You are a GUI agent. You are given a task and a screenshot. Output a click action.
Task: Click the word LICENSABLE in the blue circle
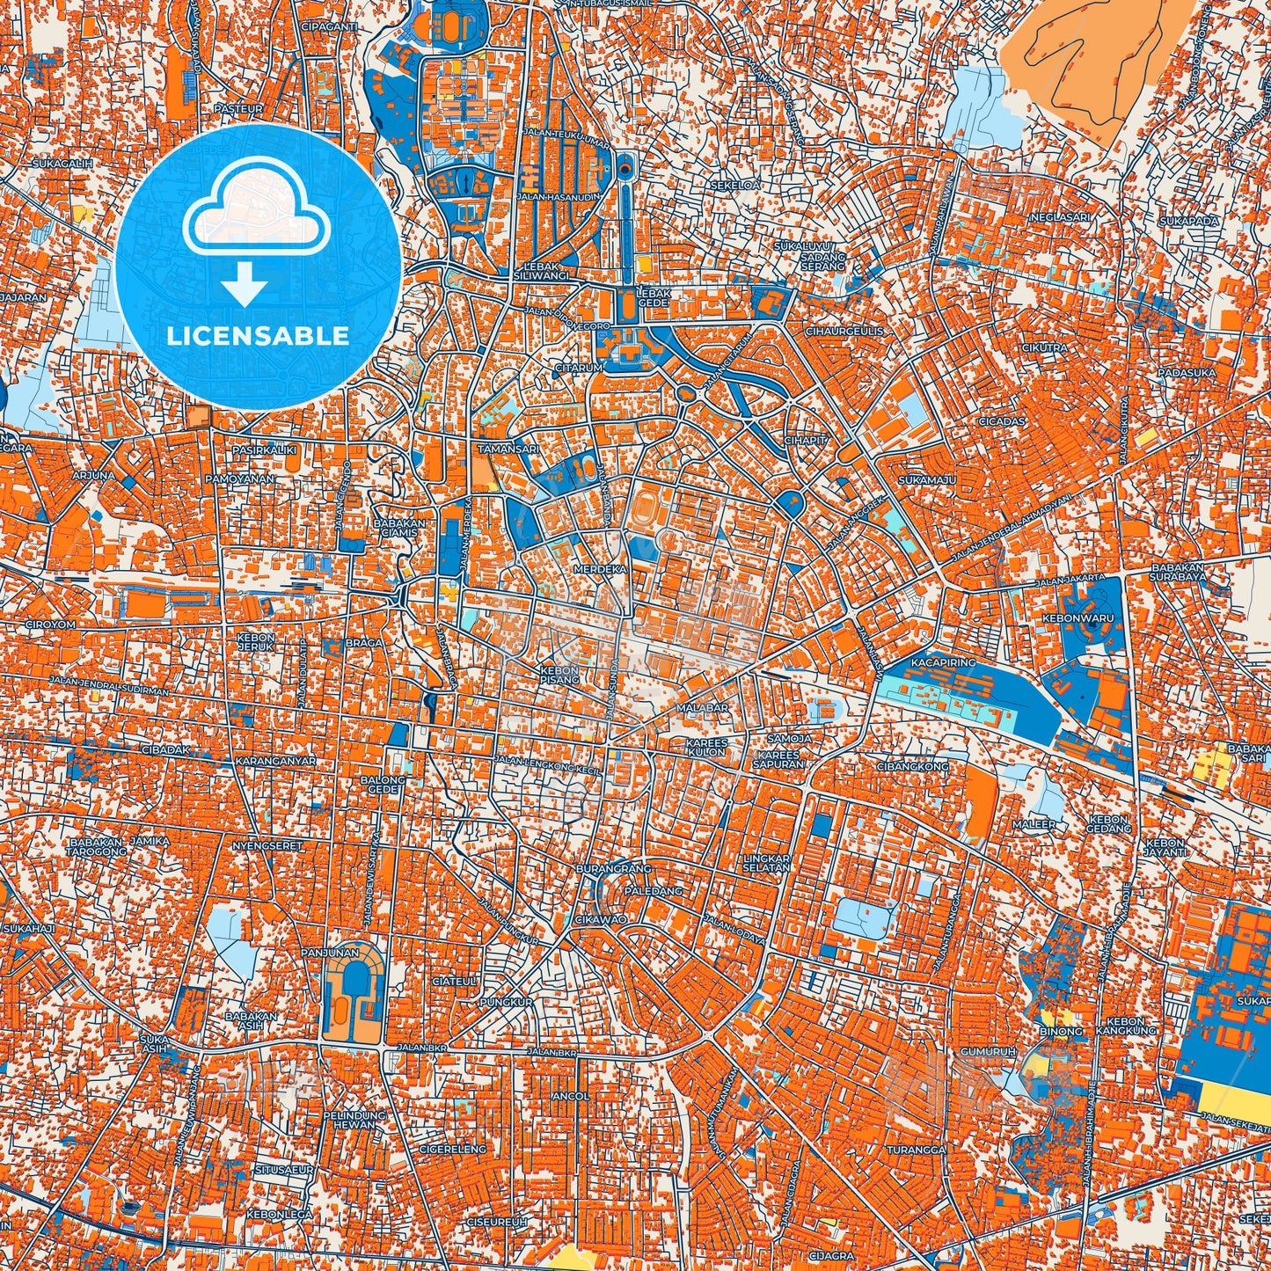click(259, 335)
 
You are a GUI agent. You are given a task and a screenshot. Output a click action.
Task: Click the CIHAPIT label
click(806, 440)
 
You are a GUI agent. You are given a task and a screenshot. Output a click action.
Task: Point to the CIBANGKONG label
click(912, 766)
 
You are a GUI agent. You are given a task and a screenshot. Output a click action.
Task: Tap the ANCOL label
click(570, 1097)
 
